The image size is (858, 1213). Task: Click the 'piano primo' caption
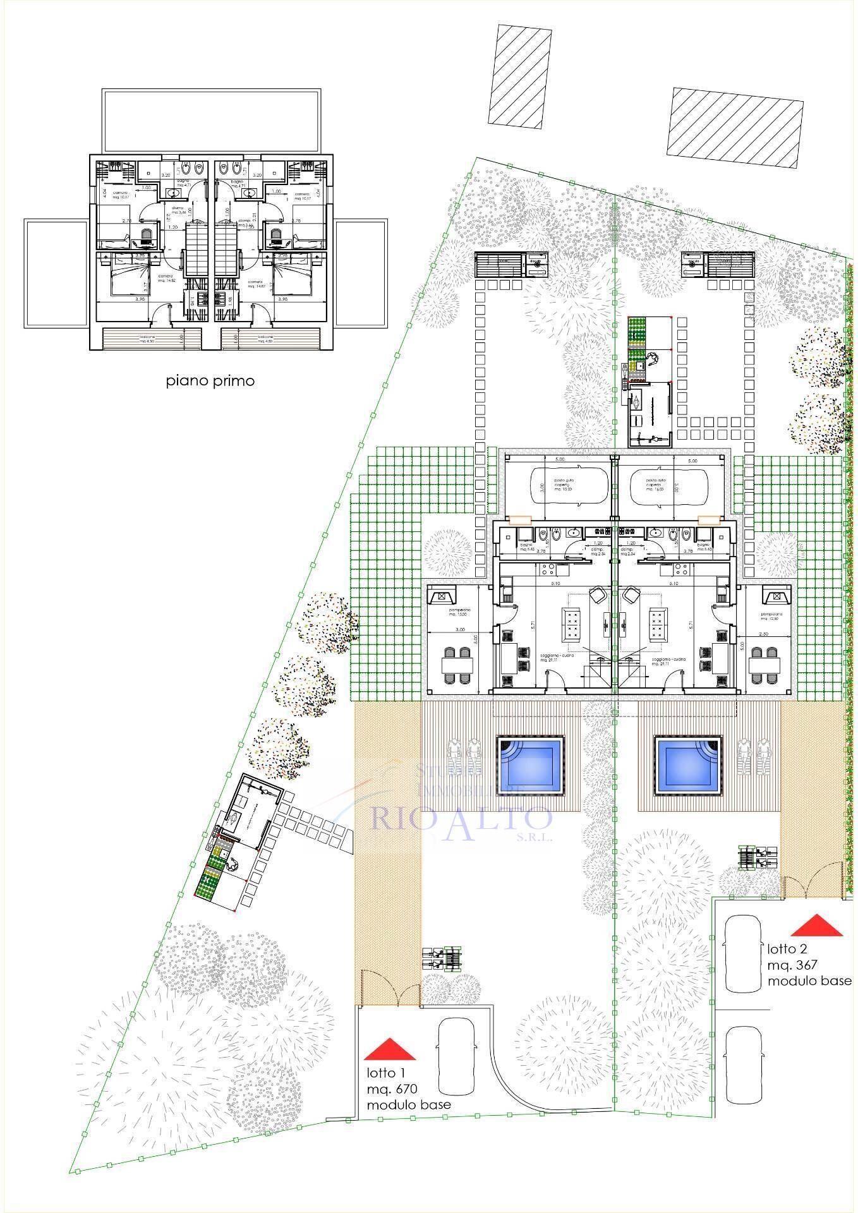pyautogui.click(x=210, y=381)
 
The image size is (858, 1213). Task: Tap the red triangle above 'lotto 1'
pyautogui.click(x=390, y=1049)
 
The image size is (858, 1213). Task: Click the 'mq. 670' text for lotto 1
pyautogui.click(x=392, y=1089)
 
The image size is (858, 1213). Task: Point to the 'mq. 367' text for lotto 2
pyautogui.click(x=792, y=965)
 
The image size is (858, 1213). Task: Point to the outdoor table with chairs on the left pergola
pyautogui.click(x=456, y=665)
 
